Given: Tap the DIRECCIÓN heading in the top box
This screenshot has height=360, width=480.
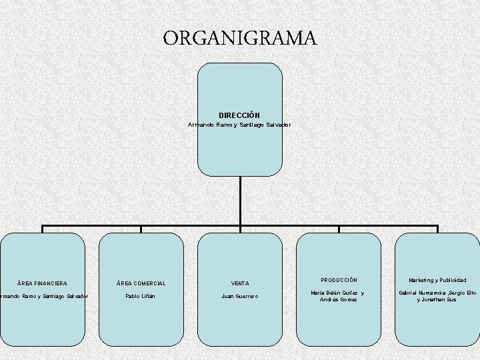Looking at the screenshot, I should coord(239,115).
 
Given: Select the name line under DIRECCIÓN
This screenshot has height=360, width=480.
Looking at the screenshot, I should coord(239,125).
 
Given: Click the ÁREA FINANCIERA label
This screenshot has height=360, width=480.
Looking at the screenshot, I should coord(42,283).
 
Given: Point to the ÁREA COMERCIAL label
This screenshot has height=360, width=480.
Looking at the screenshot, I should coord(141,283).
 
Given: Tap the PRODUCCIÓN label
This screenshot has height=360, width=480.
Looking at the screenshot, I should coord(339,280).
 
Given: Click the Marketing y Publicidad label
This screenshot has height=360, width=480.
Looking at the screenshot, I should coord(437,280).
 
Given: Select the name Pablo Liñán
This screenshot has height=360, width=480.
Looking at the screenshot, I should coord(141,296).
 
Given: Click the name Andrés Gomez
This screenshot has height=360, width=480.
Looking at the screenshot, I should coord(339,300).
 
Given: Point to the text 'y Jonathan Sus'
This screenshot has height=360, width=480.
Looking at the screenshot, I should coord(437,300).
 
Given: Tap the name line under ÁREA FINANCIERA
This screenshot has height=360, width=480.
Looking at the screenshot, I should coord(44,296).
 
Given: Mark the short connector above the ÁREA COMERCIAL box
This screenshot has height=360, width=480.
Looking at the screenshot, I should coord(141,229).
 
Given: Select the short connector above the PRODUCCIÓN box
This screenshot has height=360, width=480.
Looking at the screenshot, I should coord(339,229).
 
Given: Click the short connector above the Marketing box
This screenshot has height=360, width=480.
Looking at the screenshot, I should coord(437,229).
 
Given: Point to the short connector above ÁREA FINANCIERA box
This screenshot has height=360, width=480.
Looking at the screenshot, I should coord(43,229).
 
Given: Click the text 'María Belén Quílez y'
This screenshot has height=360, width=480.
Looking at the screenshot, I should coord(339,293).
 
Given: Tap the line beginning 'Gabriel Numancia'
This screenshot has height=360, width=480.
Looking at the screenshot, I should coord(437,293).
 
